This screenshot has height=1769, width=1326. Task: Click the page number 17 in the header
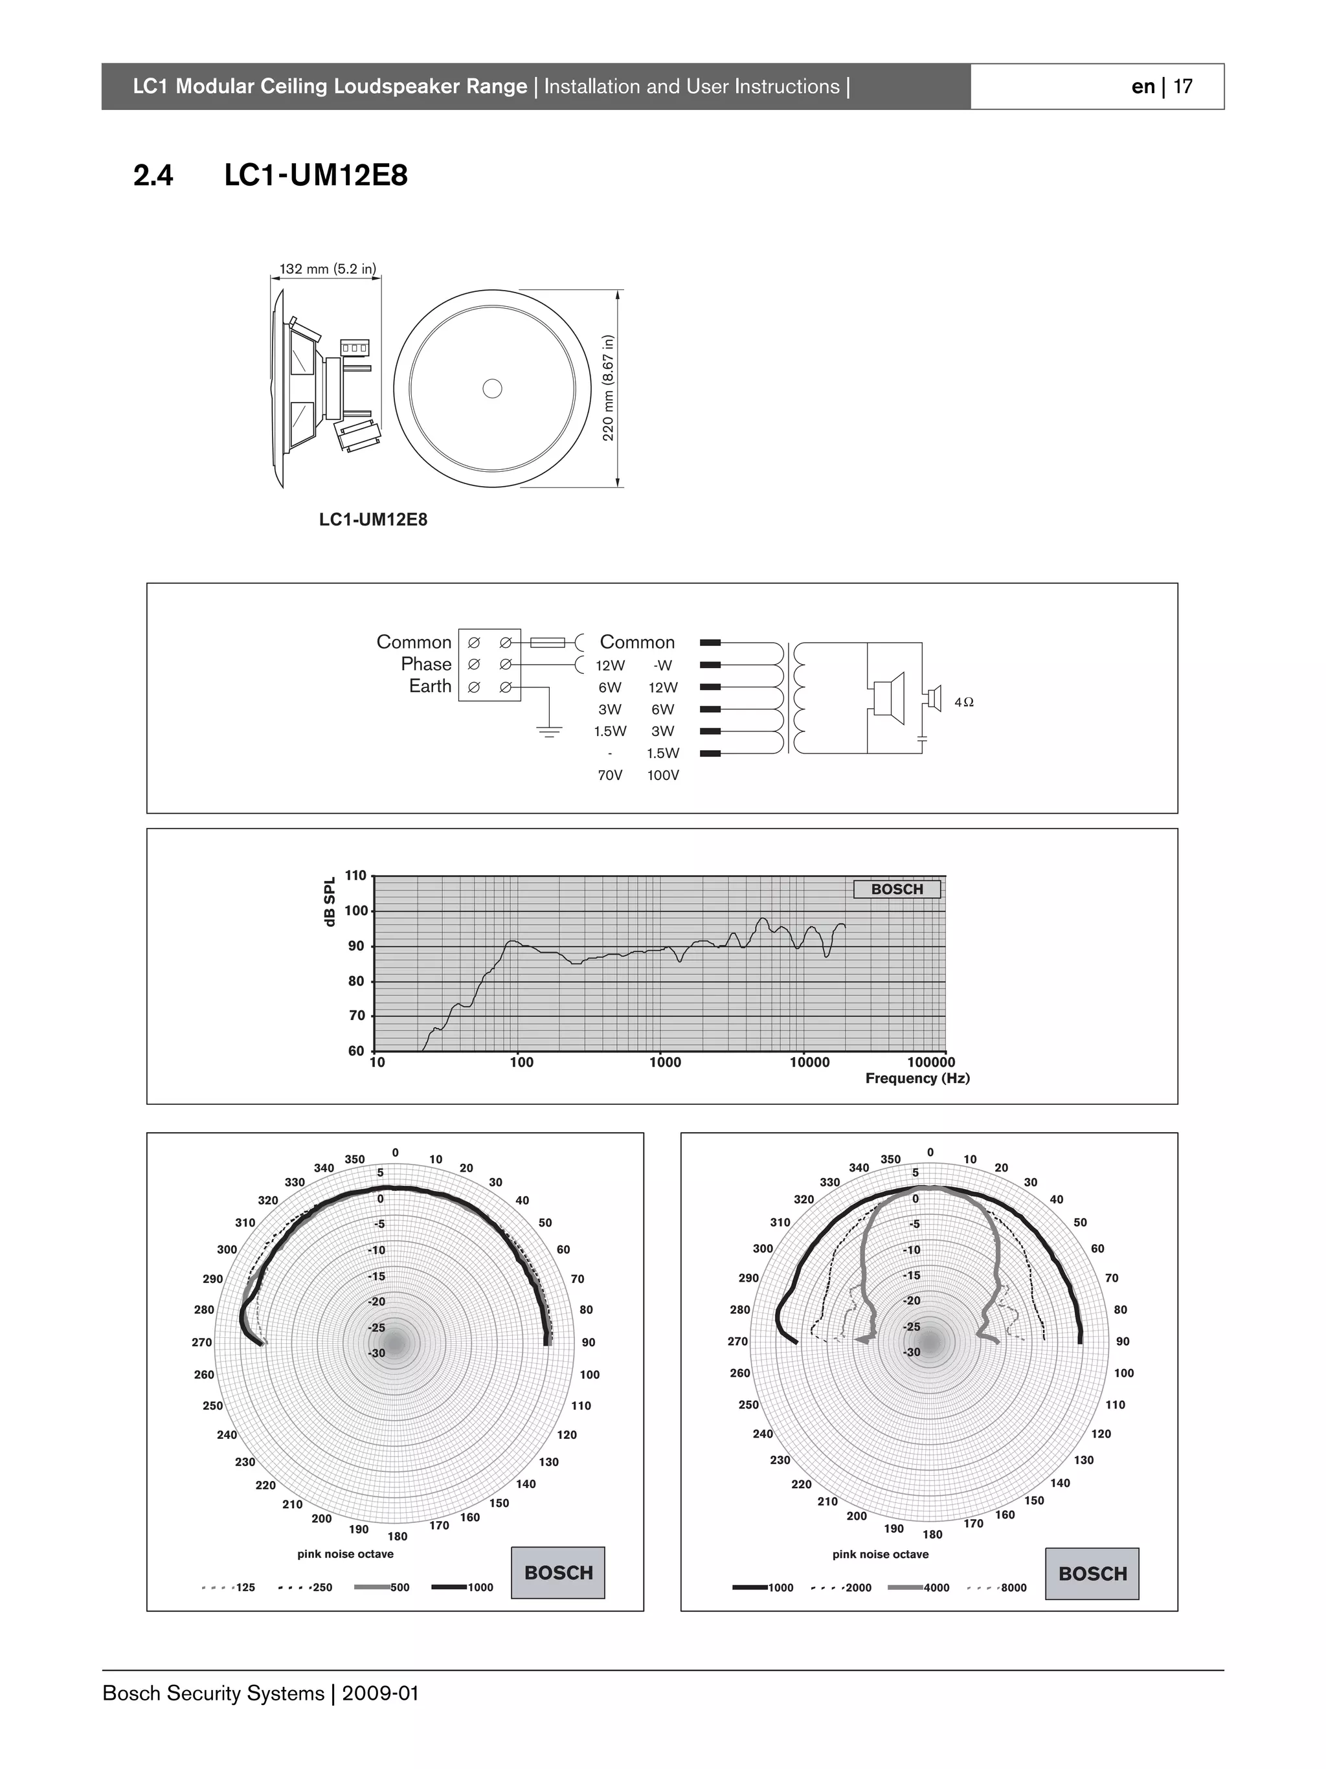coord(1183,86)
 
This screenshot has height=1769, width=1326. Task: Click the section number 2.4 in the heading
coord(153,175)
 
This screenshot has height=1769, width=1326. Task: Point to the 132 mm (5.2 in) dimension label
coord(327,269)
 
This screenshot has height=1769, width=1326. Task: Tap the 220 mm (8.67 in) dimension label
coord(609,388)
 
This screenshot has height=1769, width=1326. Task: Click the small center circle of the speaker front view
coord(493,388)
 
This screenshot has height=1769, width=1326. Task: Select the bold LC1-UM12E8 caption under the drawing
coord(373,520)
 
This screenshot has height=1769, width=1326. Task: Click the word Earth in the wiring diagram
coord(431,686)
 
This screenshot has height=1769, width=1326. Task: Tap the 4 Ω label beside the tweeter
coord(963,702)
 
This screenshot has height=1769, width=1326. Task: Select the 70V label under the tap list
coord(609,775)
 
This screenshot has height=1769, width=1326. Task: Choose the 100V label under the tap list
coord(663,775)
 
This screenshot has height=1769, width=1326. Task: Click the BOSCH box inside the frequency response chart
coord(897,889)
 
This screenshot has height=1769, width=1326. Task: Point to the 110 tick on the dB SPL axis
coord(355,876)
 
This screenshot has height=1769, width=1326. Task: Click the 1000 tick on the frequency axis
coord(664,1062)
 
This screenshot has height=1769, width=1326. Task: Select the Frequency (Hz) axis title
coord(917,1078)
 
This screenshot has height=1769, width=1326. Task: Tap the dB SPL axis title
coord(330,901)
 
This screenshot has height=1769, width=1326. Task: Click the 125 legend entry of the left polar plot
coord(245,1588)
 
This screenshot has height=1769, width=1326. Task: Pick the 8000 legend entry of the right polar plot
coord(1013,1588)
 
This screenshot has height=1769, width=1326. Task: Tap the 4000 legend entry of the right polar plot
coord(936,1588)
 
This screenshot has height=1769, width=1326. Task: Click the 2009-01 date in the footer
coord(380,1694)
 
